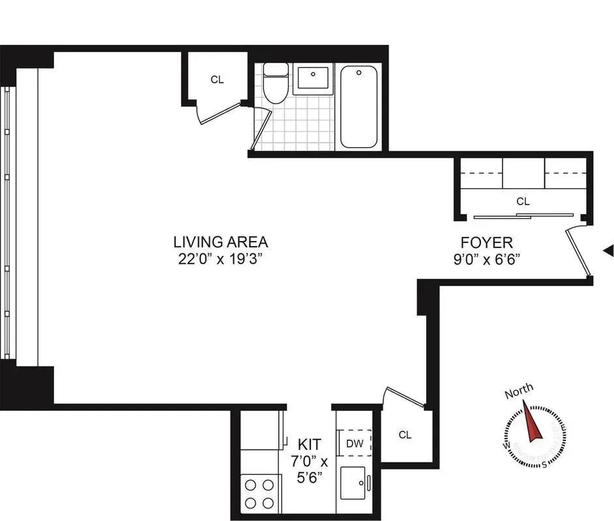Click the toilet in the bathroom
point(274,84)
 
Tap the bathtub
point(358,107)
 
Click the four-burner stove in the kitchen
point(259,493)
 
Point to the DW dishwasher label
point(355,444)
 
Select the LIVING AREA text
point(220,242)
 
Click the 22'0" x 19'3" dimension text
point(220,258)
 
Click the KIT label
point(309,445)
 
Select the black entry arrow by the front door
point(609,250)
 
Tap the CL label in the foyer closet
point(523,201)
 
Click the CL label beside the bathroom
point(217,79)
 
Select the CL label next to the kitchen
point(405,435)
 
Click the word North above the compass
point(519,391)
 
